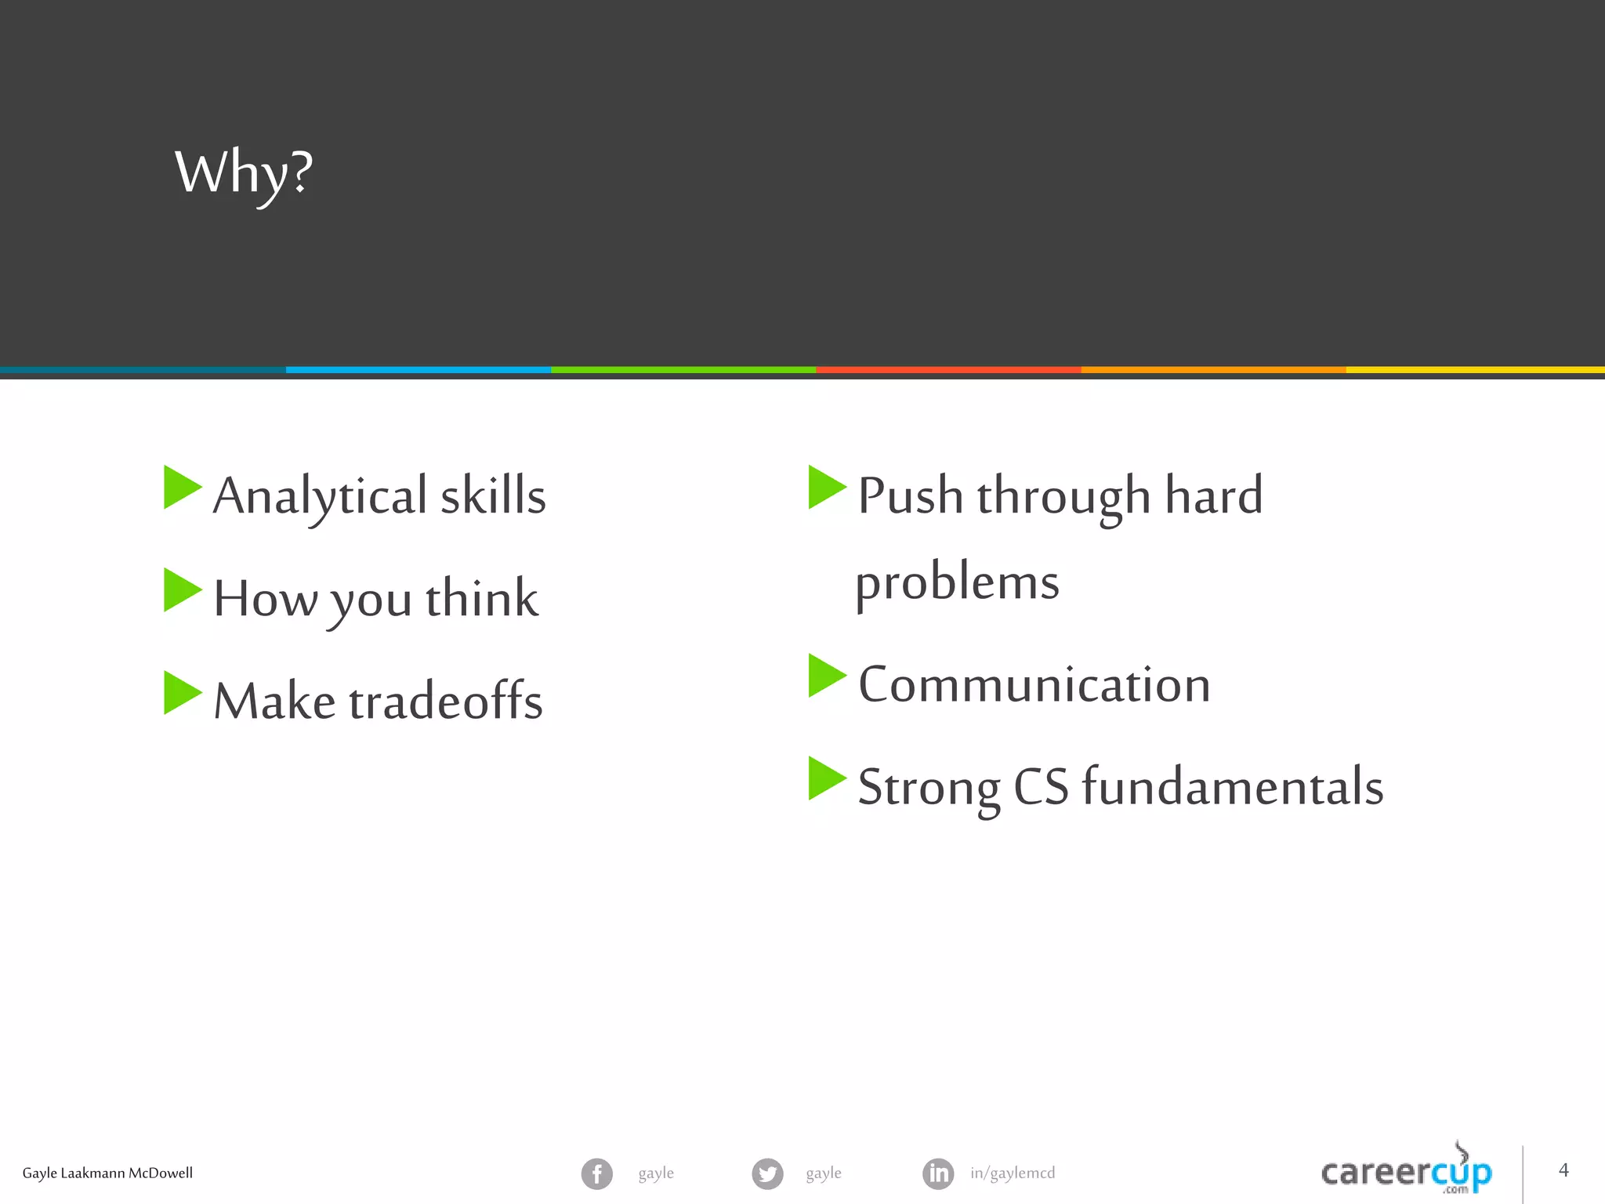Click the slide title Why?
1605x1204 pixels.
pos(244,174)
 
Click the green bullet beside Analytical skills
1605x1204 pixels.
pos(181,488)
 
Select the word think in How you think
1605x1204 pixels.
pos(482,599)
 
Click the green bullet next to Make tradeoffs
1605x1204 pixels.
pos(181,693)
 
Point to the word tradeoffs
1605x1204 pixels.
pos(446,701)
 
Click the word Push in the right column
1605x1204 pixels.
pos(910,495)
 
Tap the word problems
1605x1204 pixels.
pos(957,583)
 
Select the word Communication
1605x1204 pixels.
pos(1034,684)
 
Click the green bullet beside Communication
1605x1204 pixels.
pos(825,676)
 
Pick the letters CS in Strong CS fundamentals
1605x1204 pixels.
pos(1041,787)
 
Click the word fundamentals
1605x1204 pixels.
pos(1233,787)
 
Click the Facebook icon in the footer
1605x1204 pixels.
pos(597,1173)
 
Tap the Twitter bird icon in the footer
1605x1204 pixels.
pos(767,1173)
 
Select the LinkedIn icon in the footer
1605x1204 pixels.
pos(938,1173)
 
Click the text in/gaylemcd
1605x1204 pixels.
pos(1013,1173)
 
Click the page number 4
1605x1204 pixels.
pos(1563,1170)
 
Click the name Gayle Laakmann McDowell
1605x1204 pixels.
pos(107,1173)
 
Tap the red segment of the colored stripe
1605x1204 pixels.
pos(948,370)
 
